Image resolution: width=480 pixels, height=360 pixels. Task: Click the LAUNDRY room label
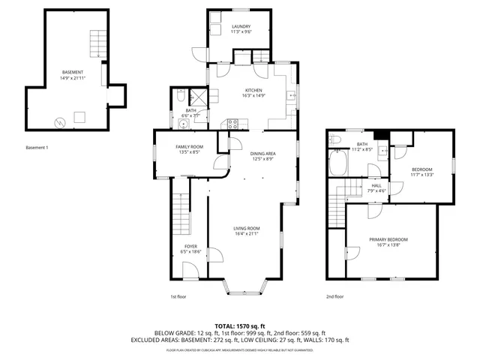tap(241, 26)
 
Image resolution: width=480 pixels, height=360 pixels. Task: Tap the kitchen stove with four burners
tap(232, 124)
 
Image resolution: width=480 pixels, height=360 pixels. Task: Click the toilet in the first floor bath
tap(181, 95)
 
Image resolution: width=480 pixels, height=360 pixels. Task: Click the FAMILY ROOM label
tap(189, 146)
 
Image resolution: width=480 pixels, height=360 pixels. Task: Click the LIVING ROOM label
tap(247, 228)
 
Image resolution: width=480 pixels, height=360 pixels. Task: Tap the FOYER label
tap(191, 246)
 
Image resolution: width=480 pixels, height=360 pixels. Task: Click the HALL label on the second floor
tap(376, 185)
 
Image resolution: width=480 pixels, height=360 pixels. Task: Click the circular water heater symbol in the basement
tap(58, 121)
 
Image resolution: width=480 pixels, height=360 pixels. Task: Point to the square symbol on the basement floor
tap(79, 117)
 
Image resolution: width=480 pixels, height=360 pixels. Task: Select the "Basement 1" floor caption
tap(37, 147)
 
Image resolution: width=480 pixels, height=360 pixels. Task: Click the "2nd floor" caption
tap(334, 296)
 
